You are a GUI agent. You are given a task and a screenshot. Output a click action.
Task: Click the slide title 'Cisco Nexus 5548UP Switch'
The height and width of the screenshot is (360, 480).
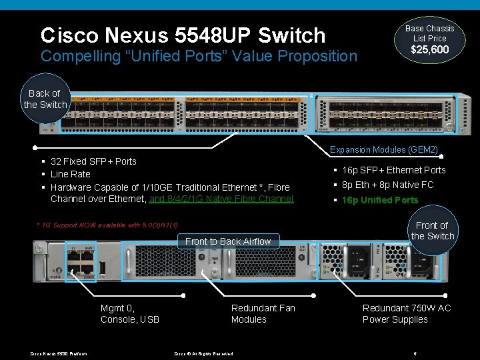click(x=183, y=35)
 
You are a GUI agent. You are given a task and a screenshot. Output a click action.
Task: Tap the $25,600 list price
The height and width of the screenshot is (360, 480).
click(x=429, y=50)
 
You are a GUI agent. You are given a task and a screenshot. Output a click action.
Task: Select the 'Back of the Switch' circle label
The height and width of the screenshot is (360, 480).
click(x=45, y=99)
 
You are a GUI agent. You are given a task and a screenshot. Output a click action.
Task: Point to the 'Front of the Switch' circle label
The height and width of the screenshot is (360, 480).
click(x=432, y=231)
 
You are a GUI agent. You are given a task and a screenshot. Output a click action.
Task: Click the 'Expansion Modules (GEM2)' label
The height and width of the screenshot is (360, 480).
click(x=383, y=150)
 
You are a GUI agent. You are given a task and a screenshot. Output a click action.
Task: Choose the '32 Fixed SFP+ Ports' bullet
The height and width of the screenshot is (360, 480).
click(x=93, y=161)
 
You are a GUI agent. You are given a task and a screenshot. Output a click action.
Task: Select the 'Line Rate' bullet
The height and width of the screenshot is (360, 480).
click(x=70, y=174)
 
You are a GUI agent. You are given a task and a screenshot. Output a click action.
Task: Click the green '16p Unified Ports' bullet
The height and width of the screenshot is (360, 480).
click(x=379, y=200)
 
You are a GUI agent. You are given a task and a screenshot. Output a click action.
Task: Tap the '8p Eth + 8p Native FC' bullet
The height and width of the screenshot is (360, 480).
click(x=387, y=185)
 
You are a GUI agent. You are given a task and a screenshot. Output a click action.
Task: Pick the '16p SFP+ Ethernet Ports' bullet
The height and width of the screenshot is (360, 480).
click(x=393, y=170)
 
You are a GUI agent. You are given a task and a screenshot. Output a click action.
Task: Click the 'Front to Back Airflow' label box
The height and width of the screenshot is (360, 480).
click(x=228, y=241)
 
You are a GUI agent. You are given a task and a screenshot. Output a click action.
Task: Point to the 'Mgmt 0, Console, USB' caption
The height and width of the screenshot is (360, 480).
click(x=130, y=313)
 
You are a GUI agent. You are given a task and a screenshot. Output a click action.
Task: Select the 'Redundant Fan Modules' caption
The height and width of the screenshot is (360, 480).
click(x=263, y=313)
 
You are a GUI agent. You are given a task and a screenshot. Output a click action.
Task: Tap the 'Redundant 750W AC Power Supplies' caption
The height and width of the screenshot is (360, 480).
click(x=406, y=313)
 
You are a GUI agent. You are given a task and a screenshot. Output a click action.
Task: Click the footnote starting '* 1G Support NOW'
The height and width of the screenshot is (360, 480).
click(x=107, y=225)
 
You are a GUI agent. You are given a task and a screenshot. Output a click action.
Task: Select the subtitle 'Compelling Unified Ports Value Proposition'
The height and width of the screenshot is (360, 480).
click(x=199, y=56)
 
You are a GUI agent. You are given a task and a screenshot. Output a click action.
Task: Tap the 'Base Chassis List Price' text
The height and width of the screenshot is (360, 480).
click(x=429, y=33)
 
